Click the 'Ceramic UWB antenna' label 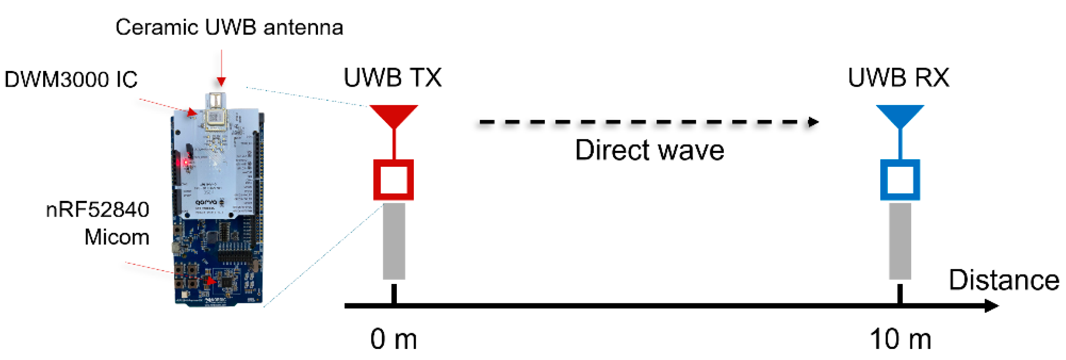coord(229,27)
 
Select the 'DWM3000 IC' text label coord(71,79)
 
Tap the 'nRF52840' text coord(98,210)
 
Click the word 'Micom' coord(117,237)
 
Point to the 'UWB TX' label coord(392,77)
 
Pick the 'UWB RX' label coord(898,77)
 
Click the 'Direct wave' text coord(649,150)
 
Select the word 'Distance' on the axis coord(1004,280)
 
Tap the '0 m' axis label coord(393,339)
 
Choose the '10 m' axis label coord(900,339)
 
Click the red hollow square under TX coord(393,179)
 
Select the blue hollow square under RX coord(900,179)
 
